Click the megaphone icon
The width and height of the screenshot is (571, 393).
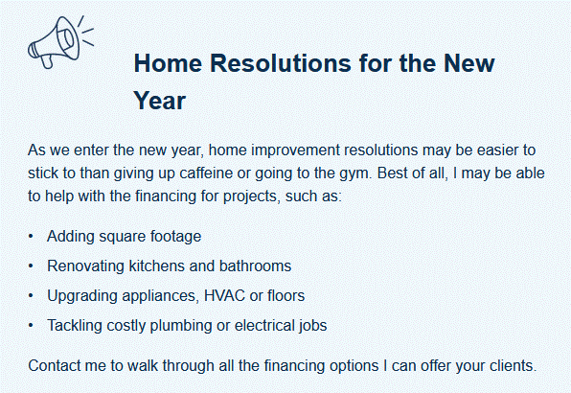60,42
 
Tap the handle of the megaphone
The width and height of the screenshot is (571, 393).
47,61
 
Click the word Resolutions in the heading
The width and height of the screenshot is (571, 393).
281,63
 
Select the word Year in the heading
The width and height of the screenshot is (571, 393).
160,100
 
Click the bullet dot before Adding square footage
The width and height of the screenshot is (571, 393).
31,237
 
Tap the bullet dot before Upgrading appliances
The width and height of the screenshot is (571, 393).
31,296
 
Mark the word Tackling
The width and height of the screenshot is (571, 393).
75,326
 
